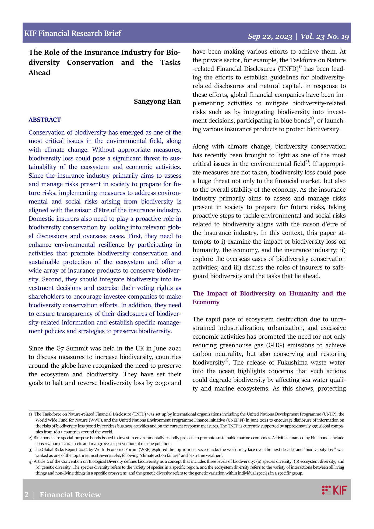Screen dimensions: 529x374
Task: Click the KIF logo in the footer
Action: [334, 490]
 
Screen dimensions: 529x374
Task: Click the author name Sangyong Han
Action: [157, 101]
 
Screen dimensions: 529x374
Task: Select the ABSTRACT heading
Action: [45, 120]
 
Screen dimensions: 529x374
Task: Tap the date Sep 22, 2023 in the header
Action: [270, 37]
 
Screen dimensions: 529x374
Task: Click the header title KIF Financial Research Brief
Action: [73, 33]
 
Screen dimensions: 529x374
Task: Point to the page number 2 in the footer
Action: [26, 495]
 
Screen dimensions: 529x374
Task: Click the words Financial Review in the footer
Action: [70, 495]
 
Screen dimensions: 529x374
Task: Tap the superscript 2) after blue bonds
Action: [312, 118]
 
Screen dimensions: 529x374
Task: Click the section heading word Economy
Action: [206, 302]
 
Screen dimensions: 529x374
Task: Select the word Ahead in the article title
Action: [39, 73]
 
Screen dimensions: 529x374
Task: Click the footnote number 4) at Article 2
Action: [31, 461]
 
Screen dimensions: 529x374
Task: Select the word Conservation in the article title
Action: [90, 62]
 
